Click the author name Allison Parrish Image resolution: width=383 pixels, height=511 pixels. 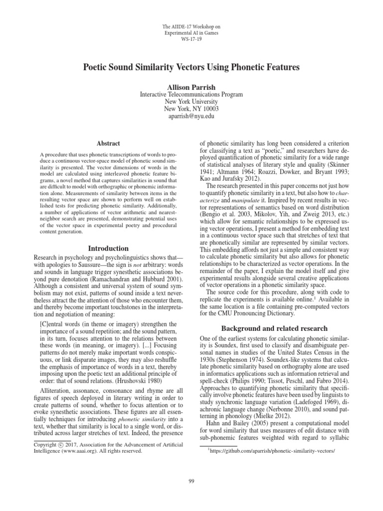click(x=191, y=86)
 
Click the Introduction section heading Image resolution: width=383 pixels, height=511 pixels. click(x=108, y=248)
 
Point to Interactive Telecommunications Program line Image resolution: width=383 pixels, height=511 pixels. click(x=191, y=94)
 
